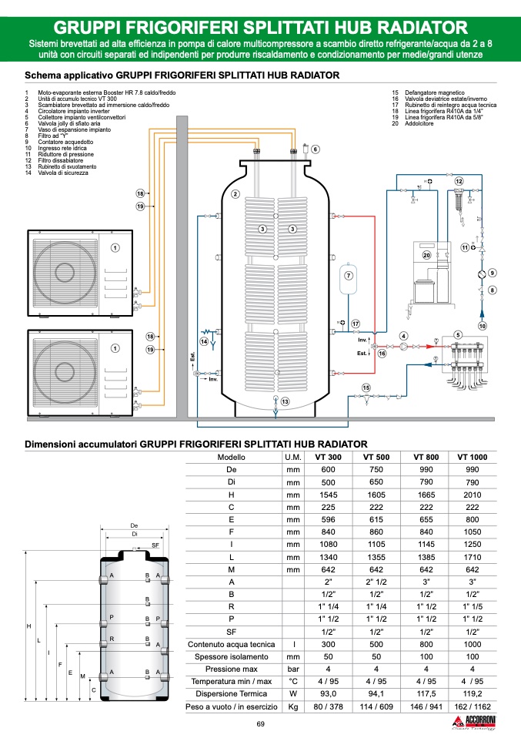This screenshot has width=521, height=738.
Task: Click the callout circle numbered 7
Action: tap(348, 275)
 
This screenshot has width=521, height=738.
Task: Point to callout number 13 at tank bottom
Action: tap(285, 402)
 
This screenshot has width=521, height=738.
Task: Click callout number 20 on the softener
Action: tap(427, 255)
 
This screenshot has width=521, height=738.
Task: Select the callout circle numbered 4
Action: tap(403, 336)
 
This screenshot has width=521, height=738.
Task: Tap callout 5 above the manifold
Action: tap(457, 335)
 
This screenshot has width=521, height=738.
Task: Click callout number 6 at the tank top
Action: tap(315, 149)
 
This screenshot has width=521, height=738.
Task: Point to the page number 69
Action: tap(260, 724)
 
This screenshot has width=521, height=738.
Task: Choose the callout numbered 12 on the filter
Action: tap(459, 180)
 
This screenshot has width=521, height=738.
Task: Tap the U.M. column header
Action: tap(292, 457)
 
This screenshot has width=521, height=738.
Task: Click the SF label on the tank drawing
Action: tap(155, 545)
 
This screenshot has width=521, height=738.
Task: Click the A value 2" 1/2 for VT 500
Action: tap(377, 581)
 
